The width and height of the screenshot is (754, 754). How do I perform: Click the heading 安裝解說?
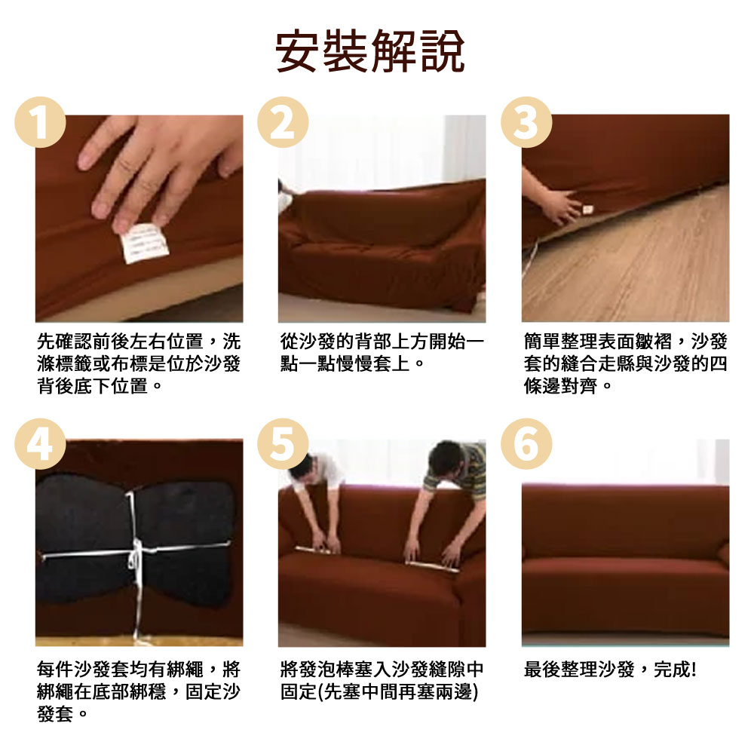[369, 51]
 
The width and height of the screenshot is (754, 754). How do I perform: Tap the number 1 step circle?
[41, 122]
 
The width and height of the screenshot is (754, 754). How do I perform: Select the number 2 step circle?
[284, 122]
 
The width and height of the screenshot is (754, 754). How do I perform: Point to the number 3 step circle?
[526, 122]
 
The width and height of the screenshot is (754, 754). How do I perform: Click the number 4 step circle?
[41, 444]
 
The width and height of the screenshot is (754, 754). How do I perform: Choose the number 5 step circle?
[284, 444]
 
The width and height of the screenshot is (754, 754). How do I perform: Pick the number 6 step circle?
[526, 444]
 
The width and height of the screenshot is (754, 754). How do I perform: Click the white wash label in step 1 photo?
[144, 243]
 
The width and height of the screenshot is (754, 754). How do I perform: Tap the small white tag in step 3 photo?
[587, 210]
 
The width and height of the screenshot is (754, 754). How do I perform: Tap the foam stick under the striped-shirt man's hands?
[432, 566]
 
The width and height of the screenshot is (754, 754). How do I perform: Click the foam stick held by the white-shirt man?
[313, 550]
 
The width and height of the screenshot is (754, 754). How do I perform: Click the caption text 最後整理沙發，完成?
[610, 669]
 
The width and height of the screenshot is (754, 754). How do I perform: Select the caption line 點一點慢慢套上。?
[352, 363]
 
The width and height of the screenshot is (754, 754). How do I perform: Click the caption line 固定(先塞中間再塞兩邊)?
[379, 691]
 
